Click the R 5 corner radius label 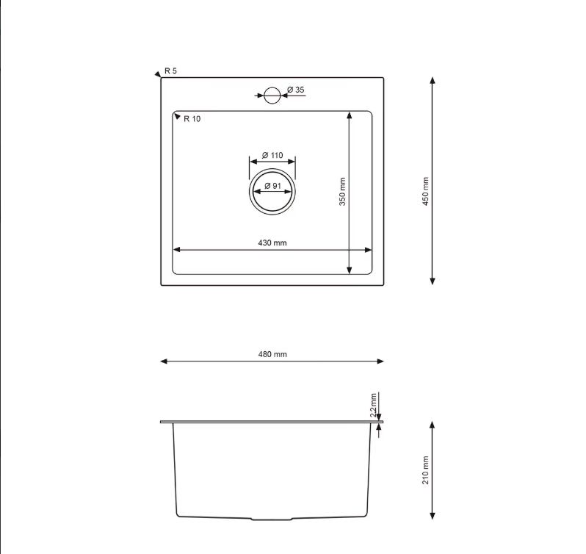pyautogui.click(x=170, y=71)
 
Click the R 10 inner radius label pyautogui.click(x=192, y=119)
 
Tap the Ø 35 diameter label pyautogui.click(x=296, y=90)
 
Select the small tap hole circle pyautogui.click(x=272, y=96)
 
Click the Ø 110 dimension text pyautogui.click(x=272, y=155)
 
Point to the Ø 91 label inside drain pyautogui.click(x=272, y=186)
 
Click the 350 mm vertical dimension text pyautogui.click(x=342, y=191)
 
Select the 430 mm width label pyautogui.click(x=272, y=243)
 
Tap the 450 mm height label pyautogui.click(x=425, y=191)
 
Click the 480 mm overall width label pyautogui.click(x=272, y=354)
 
